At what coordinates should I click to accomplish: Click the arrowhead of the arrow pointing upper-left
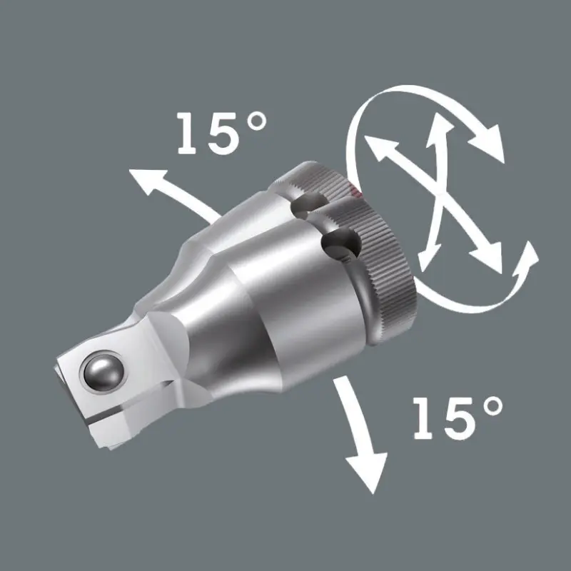[143, 182]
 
